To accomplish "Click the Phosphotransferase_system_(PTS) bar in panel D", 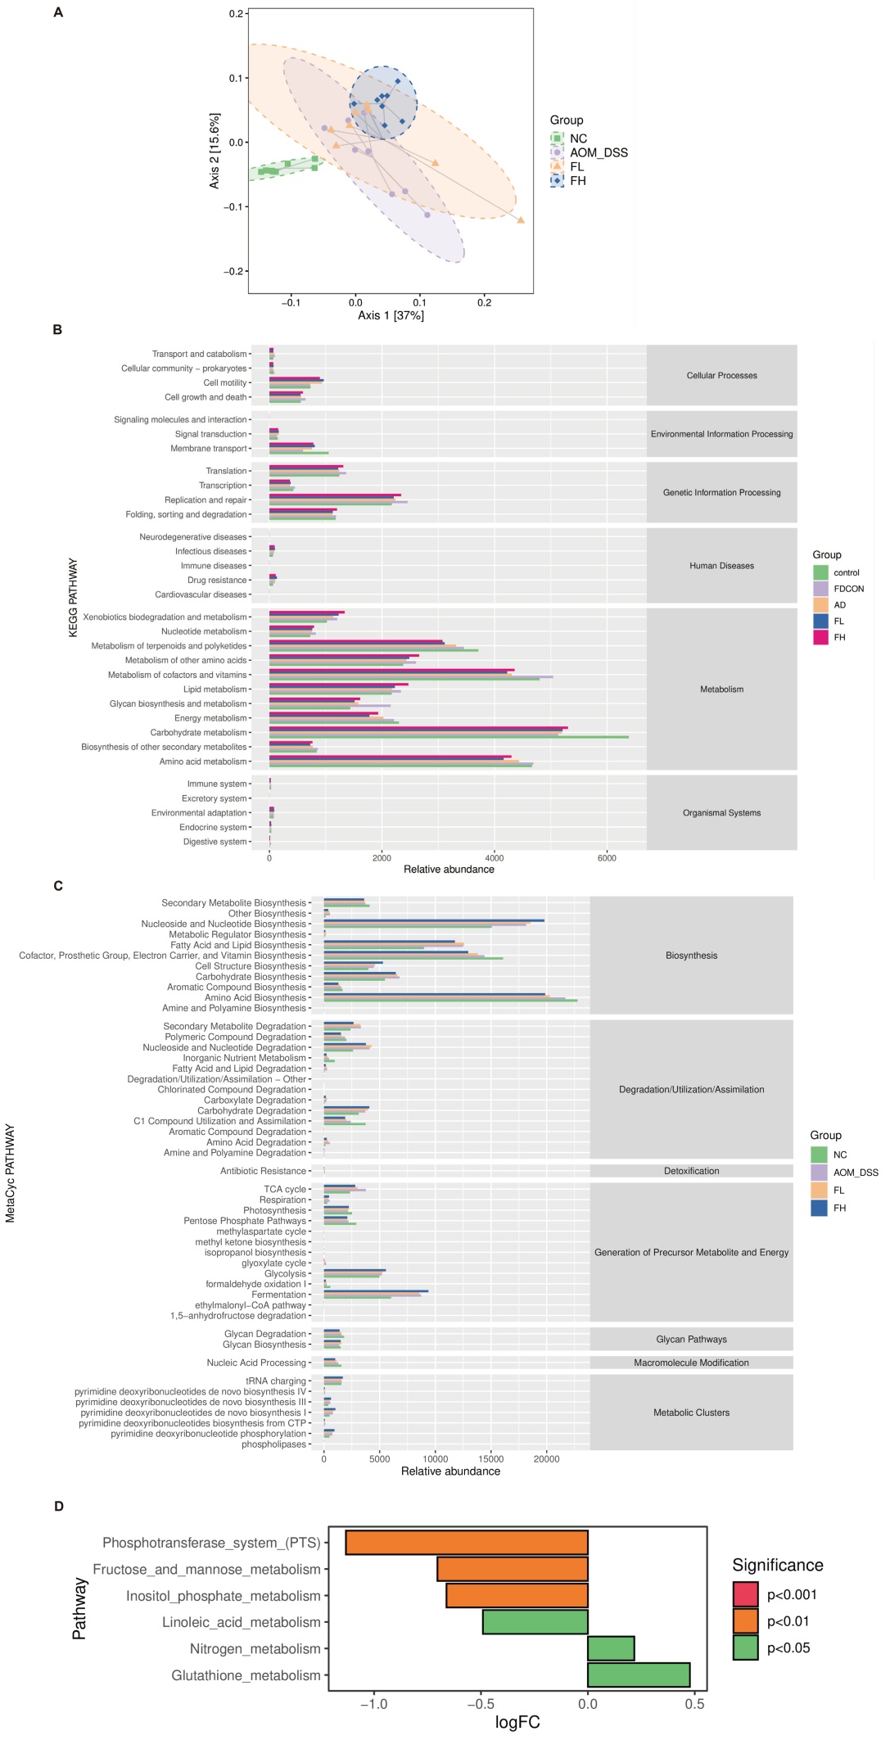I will point(467,1543).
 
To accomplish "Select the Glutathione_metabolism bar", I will point(639,1674).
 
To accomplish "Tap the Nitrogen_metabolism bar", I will point(611,1648).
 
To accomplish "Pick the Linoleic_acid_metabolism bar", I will point(535,1622).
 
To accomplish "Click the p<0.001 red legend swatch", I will point(745,1594).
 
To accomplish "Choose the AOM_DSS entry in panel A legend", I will point(599,153).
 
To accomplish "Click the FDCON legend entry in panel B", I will point(848,589).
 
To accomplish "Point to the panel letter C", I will point(58,886).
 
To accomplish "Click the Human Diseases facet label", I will point(721,566).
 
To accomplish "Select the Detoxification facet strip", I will point(691,1171).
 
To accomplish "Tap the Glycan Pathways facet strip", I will point(691,1340).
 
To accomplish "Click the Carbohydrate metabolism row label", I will point(198,733).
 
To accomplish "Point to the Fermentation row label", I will point(278,1295).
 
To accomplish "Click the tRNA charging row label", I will point(276,1381).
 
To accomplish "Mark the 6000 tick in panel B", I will point(607,857).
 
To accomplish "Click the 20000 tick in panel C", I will point(546,1458).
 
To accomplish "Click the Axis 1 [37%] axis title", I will point(391,315).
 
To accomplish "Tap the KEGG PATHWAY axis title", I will point(74,598).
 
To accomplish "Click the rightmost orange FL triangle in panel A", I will point(521,220).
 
